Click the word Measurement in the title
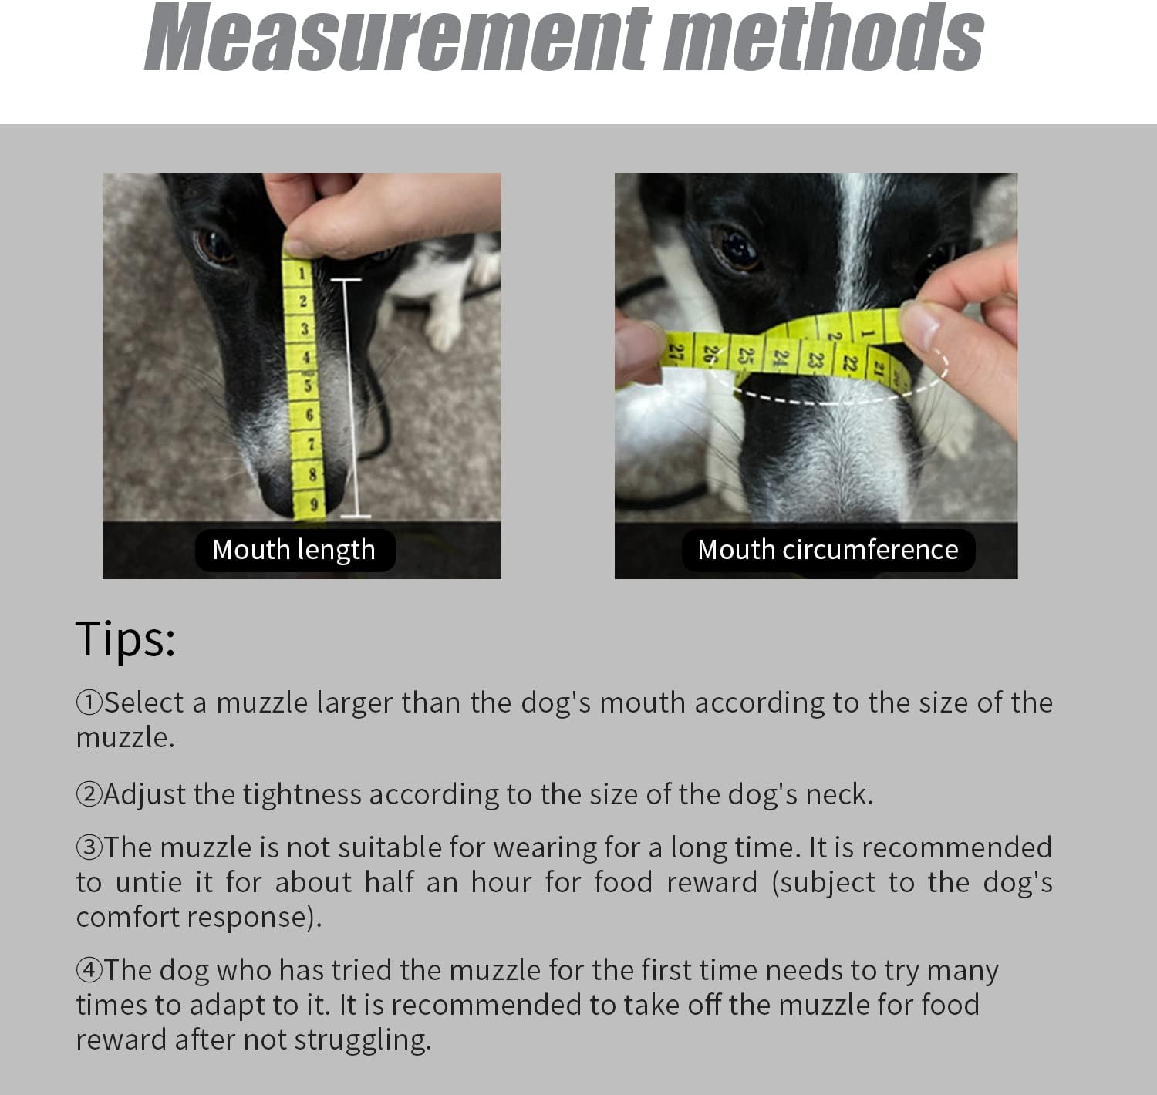point(398,36)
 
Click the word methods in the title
point(824,36)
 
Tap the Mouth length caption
point(294,550)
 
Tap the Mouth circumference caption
point(828,550)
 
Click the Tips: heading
point(126,639)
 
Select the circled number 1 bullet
point(89,702)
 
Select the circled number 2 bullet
point(89,794)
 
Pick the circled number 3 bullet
point(89,847)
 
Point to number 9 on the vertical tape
point(314,504)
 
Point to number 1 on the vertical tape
point(302,273)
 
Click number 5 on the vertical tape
point(308,386)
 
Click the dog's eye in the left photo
point(214,246)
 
